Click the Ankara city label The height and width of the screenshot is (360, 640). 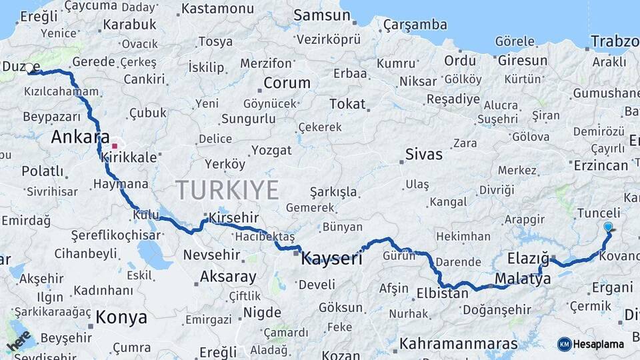(x=80, y=137)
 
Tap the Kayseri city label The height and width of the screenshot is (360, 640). (x=331, y=258)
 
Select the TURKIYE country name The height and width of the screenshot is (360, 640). (x=227, y=191)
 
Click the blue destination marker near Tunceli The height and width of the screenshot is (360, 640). (x=608, y=227)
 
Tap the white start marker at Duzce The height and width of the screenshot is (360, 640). (x=29, y=67)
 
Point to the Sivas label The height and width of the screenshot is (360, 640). (x=423, y=155)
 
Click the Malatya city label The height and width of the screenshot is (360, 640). (x=523, y=279)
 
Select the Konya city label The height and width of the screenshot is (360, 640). (x=121, y=317)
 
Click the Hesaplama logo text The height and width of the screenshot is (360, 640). (x=598, y=344)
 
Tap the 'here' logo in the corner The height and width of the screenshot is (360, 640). (x=18, y=340)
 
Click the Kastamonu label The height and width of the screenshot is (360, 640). (x=217, y=9)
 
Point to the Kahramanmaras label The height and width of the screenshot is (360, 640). (x=458, y=344)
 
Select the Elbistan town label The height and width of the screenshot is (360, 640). (x=442, y=293)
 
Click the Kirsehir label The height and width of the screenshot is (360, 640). (x=233, y=218)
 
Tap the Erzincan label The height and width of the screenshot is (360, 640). (x=600, y=165)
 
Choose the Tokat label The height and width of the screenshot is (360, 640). (x=347, y=104)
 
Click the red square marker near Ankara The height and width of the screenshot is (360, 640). (x=115, y=145)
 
